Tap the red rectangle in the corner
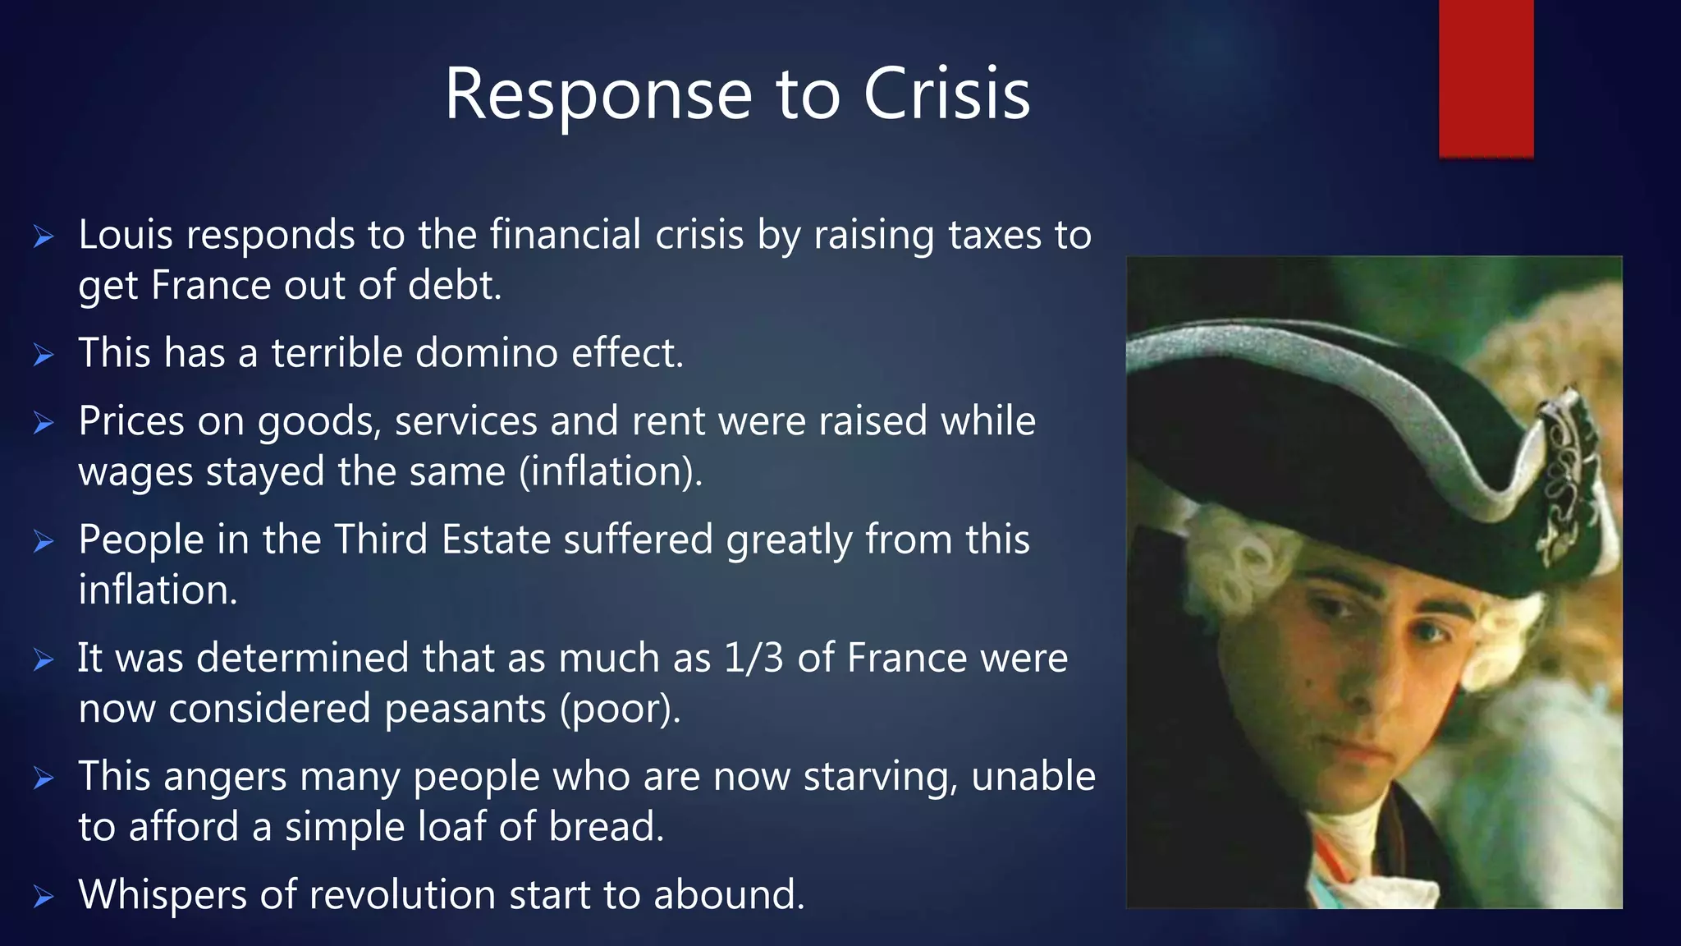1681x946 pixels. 1486,78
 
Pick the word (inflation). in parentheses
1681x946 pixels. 611,472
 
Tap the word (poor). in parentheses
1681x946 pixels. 620,709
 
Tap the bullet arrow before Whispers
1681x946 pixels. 44,897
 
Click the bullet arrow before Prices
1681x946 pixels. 44,423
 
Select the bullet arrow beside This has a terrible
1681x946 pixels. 44,356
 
